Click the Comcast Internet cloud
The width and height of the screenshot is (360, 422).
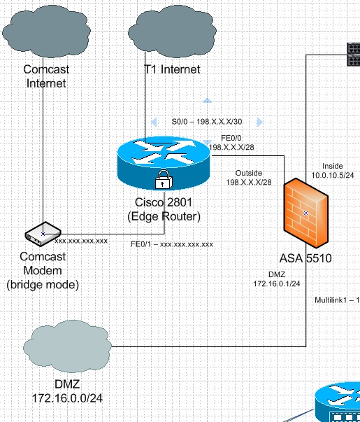46,31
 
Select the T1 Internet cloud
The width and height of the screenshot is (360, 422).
173,31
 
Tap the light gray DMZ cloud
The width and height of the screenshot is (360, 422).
67,346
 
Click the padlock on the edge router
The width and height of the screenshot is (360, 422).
164,180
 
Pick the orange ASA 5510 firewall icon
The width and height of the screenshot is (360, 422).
306,213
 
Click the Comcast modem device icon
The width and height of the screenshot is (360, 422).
43,234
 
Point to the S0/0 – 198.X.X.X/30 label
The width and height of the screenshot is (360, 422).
207,122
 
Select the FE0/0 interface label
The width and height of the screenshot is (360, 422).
231,143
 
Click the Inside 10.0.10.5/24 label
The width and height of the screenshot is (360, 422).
333,171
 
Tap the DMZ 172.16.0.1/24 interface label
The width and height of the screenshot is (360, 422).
277,279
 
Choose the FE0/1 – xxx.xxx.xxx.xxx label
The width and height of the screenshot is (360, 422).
172,244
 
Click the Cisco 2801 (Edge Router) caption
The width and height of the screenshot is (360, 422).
164,209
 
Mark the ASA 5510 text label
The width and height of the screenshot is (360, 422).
305,258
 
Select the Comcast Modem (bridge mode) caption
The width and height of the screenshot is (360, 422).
43,270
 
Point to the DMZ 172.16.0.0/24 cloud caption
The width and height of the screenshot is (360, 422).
67,391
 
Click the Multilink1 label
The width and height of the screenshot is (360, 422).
337,300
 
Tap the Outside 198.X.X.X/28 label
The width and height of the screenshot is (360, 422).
249,178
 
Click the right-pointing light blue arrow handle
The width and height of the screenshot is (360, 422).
260,122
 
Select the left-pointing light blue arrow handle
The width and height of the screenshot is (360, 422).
154,122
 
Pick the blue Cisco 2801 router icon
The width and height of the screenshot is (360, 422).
164,163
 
